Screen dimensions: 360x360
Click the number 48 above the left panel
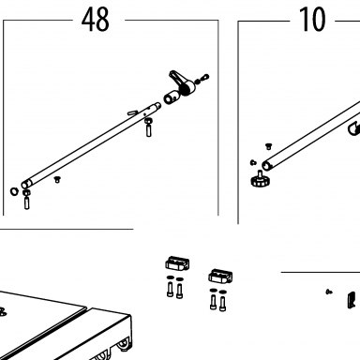[x=96, y=20]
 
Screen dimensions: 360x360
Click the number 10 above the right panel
[x=312, y=20]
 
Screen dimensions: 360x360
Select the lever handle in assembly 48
[x=182, y=82]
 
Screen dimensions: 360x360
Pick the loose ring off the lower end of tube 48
[x=14, y=191]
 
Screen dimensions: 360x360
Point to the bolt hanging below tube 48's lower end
[x=26, y=199]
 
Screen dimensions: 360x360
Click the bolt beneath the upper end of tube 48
[x=149, y=127]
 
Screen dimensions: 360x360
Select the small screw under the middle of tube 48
[x=57, y=179]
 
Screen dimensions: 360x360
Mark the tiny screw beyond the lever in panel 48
[x=202, y=79]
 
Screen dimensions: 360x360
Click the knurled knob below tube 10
[x=261, y=179]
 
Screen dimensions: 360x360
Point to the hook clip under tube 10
[x=354, y=128]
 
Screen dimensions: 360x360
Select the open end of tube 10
[x=266, y=166]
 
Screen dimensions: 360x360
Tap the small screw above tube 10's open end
[x=268, y=146]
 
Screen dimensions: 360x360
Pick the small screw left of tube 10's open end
[x=253, y=162]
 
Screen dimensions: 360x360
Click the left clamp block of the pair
[x=177, y=263]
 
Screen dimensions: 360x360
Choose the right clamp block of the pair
[x=220, y=276]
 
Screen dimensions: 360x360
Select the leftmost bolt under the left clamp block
[x=170, y=289]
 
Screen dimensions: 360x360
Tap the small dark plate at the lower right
[x=352, y=300]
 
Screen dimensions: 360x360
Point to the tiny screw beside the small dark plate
[x=329, y=292]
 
